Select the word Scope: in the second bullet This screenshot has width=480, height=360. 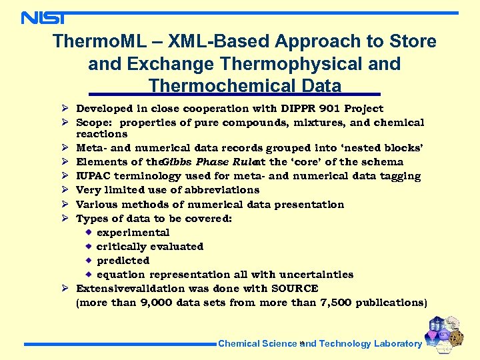tap(97, 123)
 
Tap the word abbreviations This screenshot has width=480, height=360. tap(216, 190)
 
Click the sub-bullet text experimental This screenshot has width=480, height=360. tap(133, 233)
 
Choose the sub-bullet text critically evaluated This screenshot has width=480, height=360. tap(150, 247)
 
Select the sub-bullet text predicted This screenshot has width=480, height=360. tap(123, 261)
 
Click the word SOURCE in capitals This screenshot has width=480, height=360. tap(295, 289)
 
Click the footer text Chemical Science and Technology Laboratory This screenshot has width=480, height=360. tap(320, 344)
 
